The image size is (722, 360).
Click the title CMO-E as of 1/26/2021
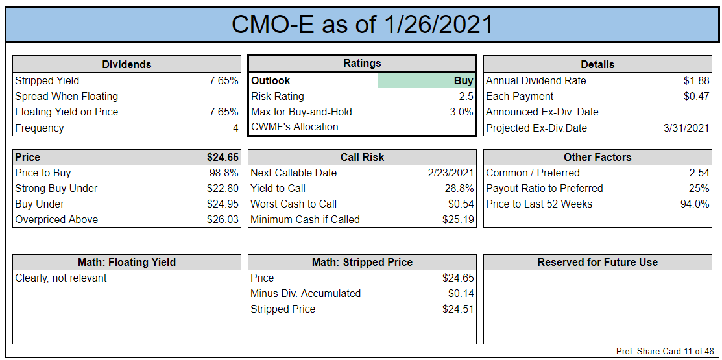[362, 25]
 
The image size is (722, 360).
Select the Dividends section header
[126, 64]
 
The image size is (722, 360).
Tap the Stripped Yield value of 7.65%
[224, 81]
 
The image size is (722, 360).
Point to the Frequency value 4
[235, 128]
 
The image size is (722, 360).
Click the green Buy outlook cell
[426, 81]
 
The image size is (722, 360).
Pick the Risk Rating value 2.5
[466, 97]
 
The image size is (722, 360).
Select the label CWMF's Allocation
[295, 127]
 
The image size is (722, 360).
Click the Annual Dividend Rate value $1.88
[696, 81]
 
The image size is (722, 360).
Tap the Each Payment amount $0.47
[696, 97]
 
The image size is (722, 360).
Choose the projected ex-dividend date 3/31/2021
[686, 128]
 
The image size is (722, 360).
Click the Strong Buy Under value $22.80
[223, 189]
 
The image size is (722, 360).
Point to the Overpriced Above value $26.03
[223, 220]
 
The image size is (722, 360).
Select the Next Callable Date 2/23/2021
[450, 173]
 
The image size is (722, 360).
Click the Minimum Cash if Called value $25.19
[458, 220]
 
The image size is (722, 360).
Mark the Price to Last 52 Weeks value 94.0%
[695, 204]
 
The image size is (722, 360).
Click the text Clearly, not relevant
[61, 278]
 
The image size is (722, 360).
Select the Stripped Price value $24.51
[458, 309]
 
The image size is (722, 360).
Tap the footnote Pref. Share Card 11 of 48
[665, 352]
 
